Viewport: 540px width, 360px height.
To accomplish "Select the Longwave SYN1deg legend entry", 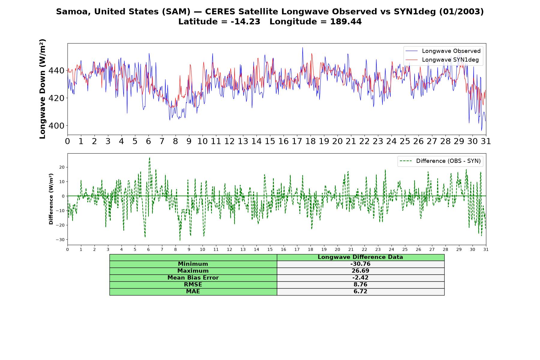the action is [442, 60].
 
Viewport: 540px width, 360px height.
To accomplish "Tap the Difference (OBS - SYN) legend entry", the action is [440, 161].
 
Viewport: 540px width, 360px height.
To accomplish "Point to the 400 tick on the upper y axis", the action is [57, 126].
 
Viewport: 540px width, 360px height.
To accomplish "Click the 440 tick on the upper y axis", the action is [57, 70].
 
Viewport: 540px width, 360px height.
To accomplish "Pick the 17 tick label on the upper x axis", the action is [297, 141].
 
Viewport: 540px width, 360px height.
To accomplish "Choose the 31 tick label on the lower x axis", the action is [486, 250].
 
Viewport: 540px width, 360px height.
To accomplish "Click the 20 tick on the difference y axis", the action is [62, 167].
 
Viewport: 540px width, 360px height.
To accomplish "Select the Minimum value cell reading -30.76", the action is [360, 264].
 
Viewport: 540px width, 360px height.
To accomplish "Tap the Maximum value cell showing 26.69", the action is [360, 271].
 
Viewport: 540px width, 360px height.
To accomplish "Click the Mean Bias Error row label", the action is [193, 278].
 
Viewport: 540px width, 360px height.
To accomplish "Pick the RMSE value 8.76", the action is [360, 285].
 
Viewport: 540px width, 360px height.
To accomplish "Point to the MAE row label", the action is [193, 292].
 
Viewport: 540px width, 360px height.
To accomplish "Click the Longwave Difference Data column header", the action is [360, 257].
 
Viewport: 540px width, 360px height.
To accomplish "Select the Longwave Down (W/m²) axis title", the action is [43, 89].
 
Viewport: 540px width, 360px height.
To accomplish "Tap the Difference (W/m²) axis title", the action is [51, 199].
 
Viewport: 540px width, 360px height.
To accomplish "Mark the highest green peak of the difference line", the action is [149, 158].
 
